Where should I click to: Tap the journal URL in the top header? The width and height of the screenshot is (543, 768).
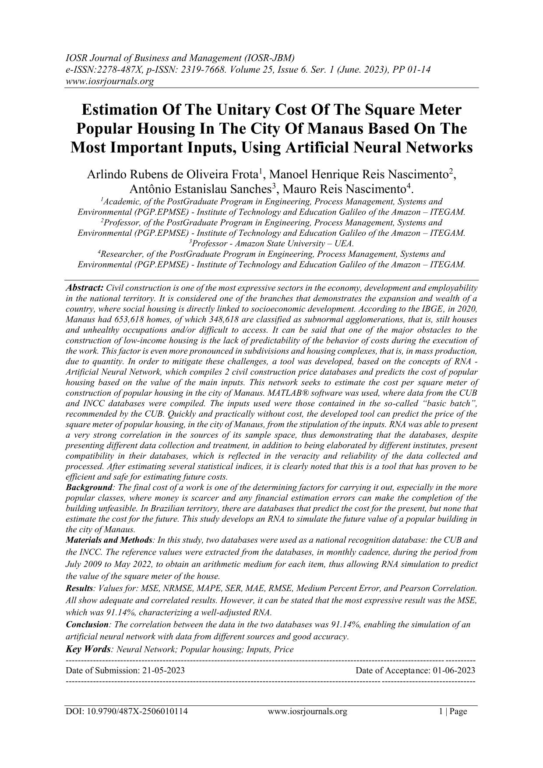pos(109,81)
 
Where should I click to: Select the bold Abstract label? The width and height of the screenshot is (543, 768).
pos(85,288)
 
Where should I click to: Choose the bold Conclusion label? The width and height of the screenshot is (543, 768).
pos(87,624)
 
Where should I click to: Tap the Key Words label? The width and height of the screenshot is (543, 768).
pos(88,649)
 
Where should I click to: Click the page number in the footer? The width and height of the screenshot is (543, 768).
pos(453,711)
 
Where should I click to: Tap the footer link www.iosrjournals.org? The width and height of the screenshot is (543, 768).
pos(307,711)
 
